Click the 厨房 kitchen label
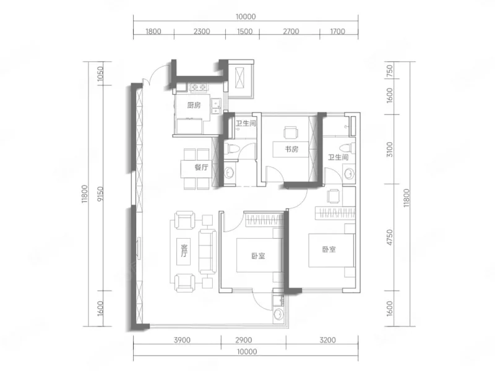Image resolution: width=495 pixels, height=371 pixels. pyautogui.click(x=194, y=105)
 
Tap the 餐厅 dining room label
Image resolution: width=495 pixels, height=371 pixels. pyautogui.click(x=202, y=167)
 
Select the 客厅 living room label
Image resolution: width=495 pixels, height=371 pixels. pyautogui.click(x=184, y=250)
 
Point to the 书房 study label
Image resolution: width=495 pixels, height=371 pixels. pyautogui.click(x=291, y=149)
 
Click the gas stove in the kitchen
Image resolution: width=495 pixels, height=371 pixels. pyautogui.click(x=199, y=87)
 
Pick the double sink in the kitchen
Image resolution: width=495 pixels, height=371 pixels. pyautogui.click(x=217, y=106)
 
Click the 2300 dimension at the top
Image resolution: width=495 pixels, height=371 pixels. pyautogui.click(x=202, y=32)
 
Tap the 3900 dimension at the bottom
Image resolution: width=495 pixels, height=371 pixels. pyautogui.click(x=182, y=340)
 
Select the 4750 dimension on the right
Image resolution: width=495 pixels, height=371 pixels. pyautogui.click(x=390, y=237)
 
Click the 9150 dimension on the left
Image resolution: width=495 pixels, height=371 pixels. pyautogui.click(x=100, y=194)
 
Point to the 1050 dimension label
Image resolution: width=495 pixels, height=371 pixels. pyautogui.click(x=100, y=74)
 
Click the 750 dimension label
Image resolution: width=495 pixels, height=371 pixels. pyautogui.click(x=390, y=70)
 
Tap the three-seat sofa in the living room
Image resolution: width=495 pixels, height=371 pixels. pyautogui.click(x=207, y=252)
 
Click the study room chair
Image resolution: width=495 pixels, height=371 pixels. pyautogui.click(x=290, y=132)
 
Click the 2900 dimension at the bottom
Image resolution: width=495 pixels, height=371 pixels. pyautogui.click(x=244, y=340)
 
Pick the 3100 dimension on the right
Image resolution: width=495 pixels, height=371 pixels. pyautogui.click(x=390, y=149)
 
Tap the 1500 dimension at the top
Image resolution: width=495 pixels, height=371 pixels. pyautogui.click(x=244, y=32)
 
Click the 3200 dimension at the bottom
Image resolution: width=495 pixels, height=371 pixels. pyautogui.click(x=328, y=340)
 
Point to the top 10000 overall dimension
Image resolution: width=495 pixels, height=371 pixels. pyautogui.click(x=246, y=17)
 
